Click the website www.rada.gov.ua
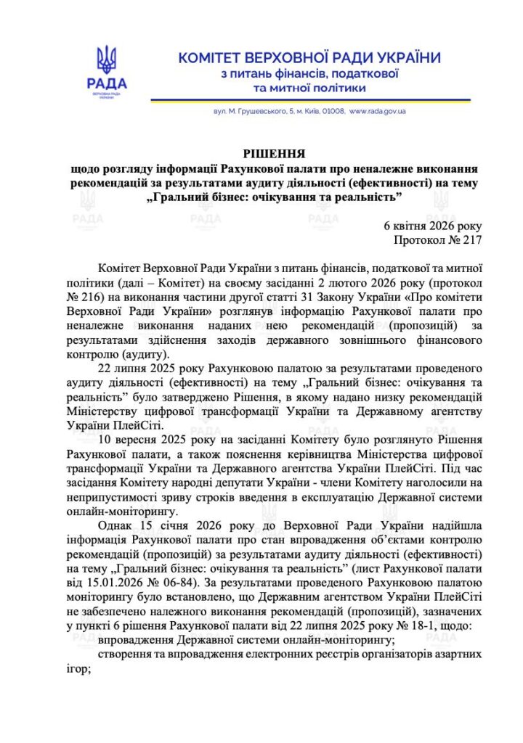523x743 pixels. pos(377,112)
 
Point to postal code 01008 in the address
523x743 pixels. pos(332,112)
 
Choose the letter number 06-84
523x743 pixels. pos(177,583)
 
